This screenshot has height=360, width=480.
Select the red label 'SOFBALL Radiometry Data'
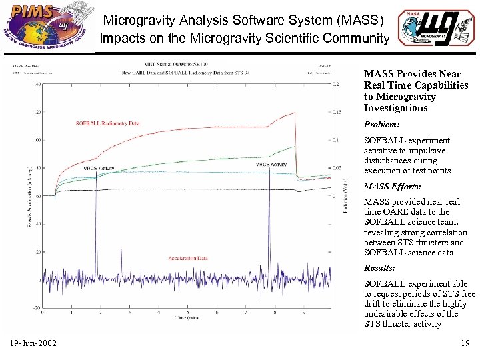(x=107, y=123)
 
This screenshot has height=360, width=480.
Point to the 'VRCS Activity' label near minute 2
(x=99, y=169)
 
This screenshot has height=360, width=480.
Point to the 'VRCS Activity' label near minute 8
(x=271, y=164)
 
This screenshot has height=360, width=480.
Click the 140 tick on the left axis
(x=37, y=84)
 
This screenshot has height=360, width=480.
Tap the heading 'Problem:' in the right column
(x=381, y=125)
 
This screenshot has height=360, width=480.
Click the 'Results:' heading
(x=379, y=268)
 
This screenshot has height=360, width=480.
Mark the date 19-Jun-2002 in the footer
(x=33, y=343)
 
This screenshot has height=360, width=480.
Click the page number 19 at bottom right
(x=465, y=343)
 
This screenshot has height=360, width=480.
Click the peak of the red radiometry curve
(x=295, y=112)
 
